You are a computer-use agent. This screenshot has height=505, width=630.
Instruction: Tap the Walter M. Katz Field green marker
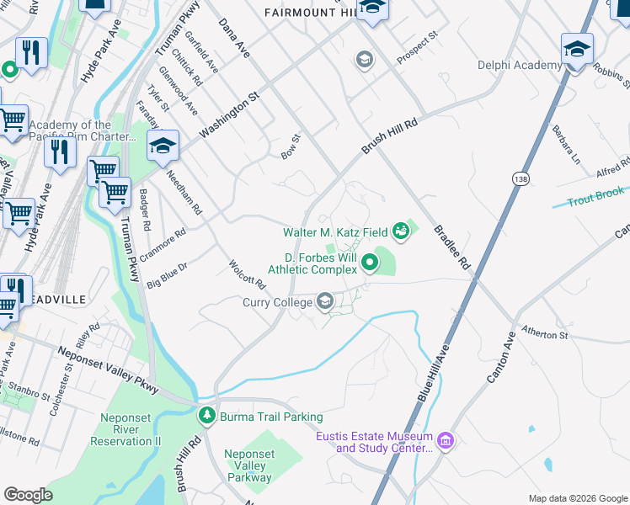400,232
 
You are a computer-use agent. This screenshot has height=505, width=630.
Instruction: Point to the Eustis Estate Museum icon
446,439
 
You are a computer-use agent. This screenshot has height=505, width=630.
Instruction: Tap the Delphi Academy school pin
577,50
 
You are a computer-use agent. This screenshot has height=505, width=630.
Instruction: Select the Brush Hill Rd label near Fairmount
390,135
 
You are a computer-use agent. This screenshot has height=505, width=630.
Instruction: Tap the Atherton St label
545,334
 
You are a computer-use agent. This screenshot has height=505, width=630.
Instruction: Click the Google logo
29,495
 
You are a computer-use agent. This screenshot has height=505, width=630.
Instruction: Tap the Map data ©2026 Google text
578,498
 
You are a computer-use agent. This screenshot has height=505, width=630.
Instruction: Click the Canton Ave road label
500,356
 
